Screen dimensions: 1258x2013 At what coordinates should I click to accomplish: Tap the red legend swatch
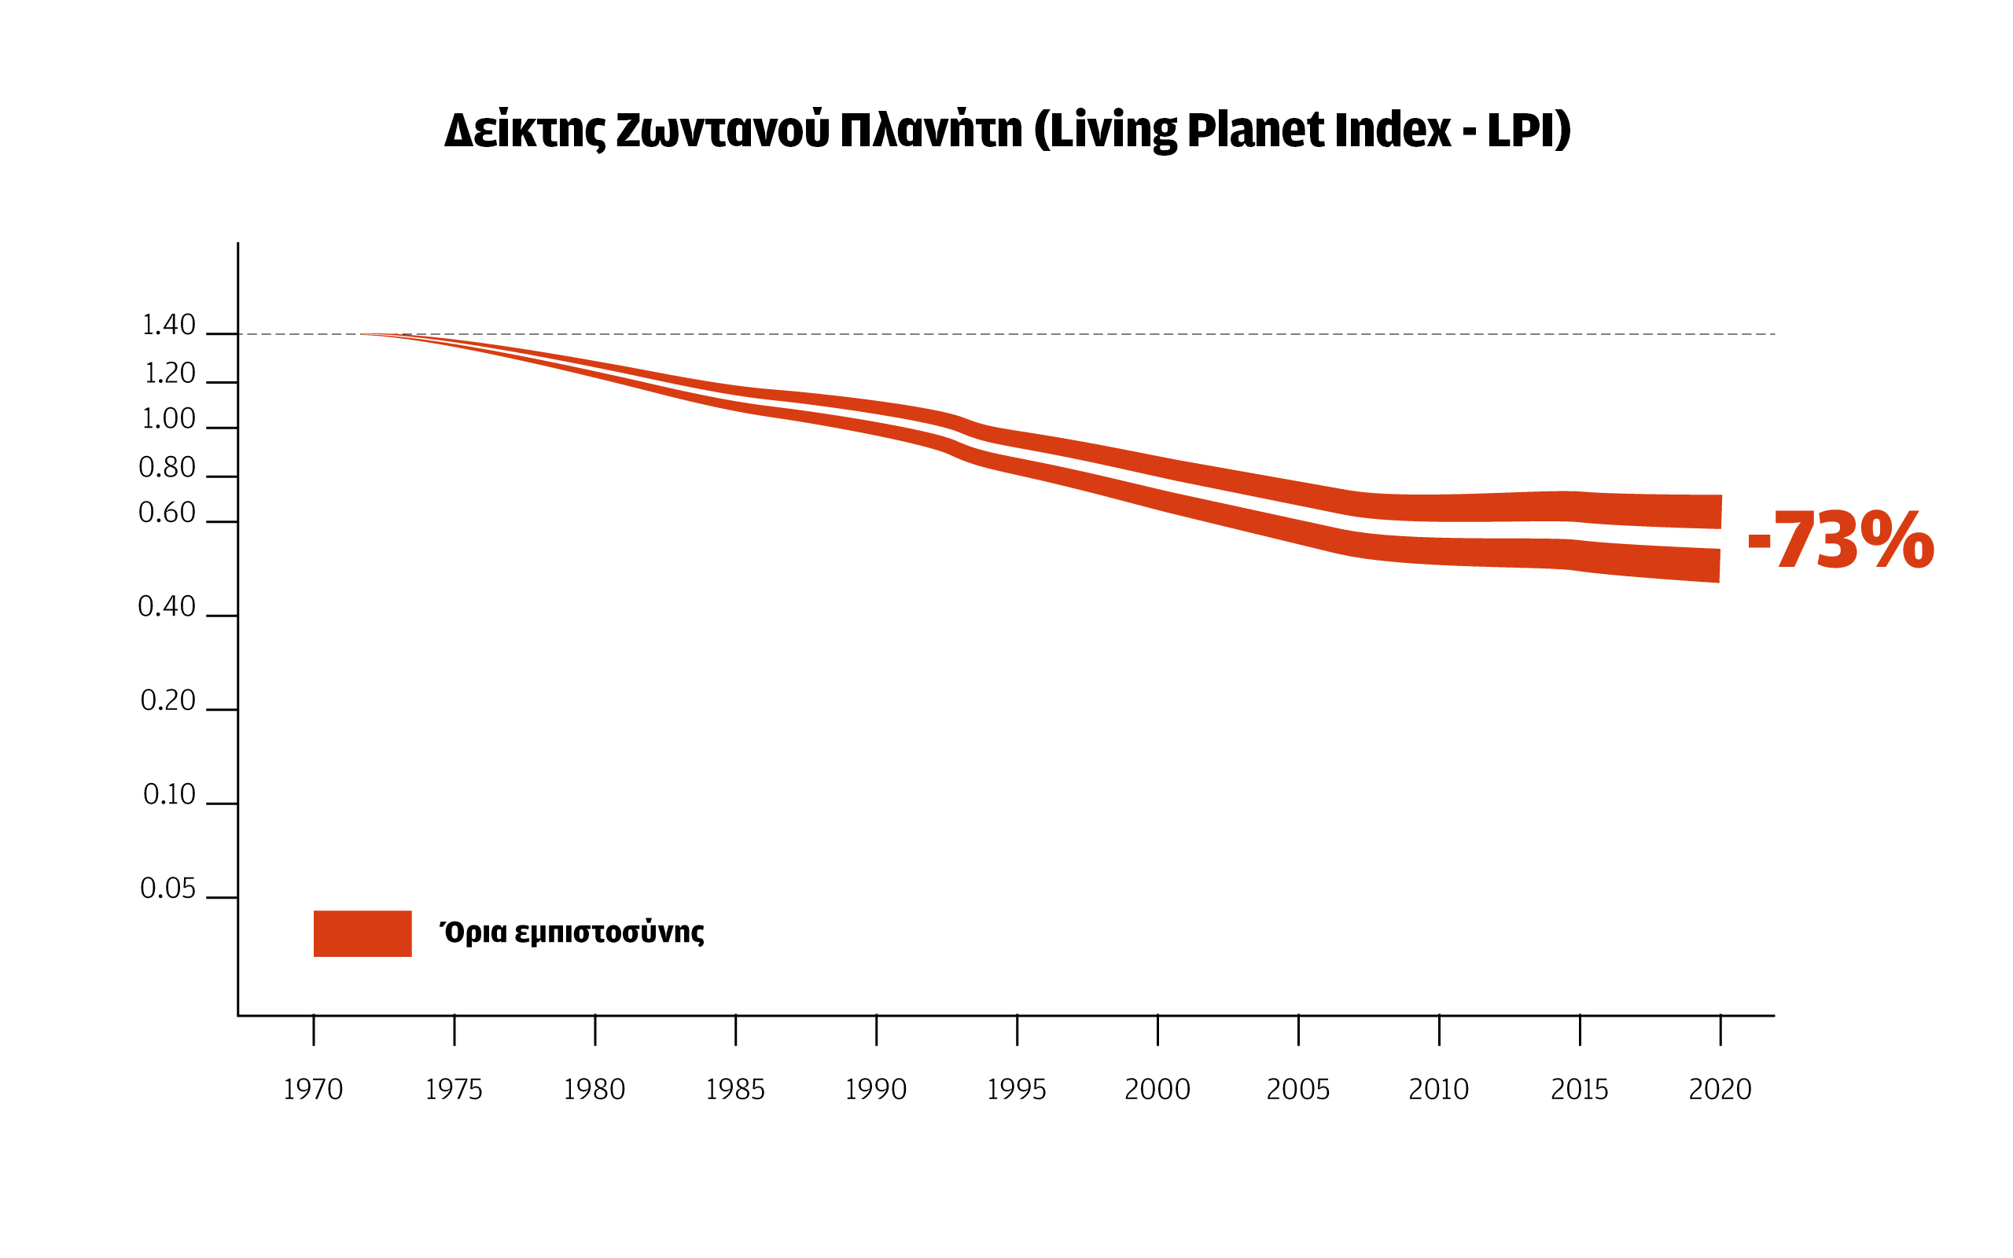pyautogui.click(x=362, y=933)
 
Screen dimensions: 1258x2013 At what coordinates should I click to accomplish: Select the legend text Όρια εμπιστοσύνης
pyautogui.click(x=572, y=932)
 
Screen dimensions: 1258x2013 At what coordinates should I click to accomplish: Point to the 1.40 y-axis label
pyautogui.click(x=169, y=326)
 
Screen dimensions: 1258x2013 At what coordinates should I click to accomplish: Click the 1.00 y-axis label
pyautogui.click(x=169, y=418)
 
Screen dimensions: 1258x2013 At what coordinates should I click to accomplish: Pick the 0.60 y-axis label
pyautogui.click(x=167, y=513)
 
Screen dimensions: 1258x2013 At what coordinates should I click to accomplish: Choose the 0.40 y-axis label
pyautogui.click(x=167, y=606)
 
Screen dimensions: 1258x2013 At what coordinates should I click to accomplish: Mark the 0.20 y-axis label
pyautogui.click(x=168, y=701)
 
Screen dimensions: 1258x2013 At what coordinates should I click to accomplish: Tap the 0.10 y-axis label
pyautogui.click(x=169, y=795)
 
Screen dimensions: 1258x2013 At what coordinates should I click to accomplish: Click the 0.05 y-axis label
pyautogui.click(x=168, y=888)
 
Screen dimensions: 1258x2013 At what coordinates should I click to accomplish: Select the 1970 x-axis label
pyautogui.click(x=313, y=1090)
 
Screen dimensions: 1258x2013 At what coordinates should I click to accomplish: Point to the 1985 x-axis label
pyautogui.click(x=734, y=1090)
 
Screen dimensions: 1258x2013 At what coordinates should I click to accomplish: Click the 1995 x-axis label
pyautogui.click(x=1016, y=1090)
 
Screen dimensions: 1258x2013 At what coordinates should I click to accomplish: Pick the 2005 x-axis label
pyautogui.click(x=1297, y=1090)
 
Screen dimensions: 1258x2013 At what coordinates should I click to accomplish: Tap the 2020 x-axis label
pyautogui.click(x=1720, y=1090)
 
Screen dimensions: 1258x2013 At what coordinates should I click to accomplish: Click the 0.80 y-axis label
pyautogui.click(x=167, y=468)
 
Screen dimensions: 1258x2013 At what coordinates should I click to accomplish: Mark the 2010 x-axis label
pyautogui.click(x=1438, y=1090)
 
